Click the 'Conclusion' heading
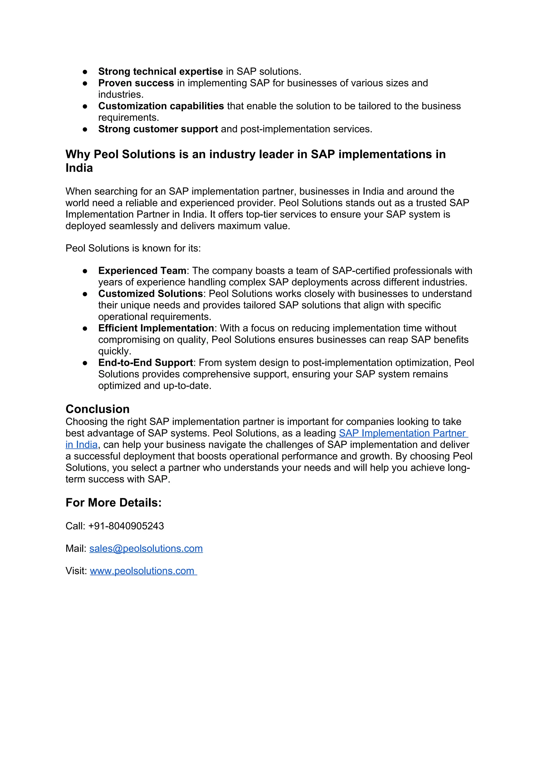[97, 409]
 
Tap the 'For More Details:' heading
[113, 502]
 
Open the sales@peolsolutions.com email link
[146, 548]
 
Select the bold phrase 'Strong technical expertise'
[160, 72]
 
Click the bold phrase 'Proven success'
[136, 83]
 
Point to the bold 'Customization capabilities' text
[161, 106]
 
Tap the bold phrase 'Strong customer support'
[158, 129]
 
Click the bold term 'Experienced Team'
[142, 270]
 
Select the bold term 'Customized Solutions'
[151, 293]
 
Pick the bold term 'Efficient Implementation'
[156, 328]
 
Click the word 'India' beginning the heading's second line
[79, 168]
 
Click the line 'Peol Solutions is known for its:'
[133, 248]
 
